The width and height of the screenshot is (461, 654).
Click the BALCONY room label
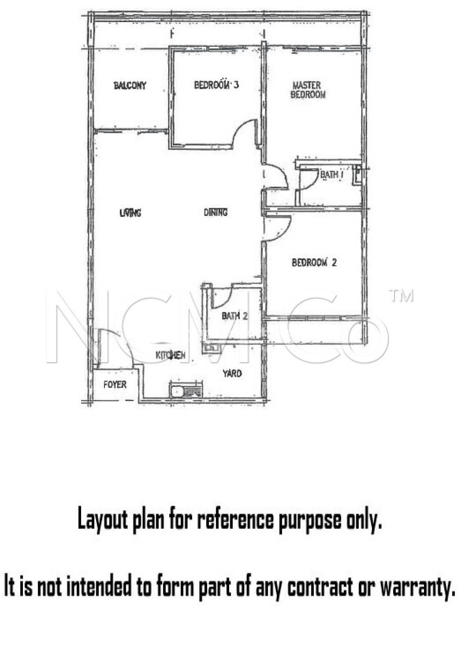click(x=130, y=86)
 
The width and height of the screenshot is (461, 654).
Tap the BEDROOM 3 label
click(x=216, y=85)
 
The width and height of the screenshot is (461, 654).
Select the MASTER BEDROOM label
click(x=308, y=90)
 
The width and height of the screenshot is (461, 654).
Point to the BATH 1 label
click(x=331, y=175)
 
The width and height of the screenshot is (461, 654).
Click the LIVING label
click(x=130, y=212)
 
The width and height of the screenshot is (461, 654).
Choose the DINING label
click(x=216, y=212)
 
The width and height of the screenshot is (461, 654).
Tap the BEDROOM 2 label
click(x=314, y=262)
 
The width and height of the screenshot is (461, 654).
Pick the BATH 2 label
click(x=234, y=316)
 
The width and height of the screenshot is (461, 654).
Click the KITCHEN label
click(x=170, y=355)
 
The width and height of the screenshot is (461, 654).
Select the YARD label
click(x=232, y=373)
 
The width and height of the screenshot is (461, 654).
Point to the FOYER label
click(x=115, y=384)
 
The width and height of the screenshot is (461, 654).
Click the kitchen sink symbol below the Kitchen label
click(x=185, y=390)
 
